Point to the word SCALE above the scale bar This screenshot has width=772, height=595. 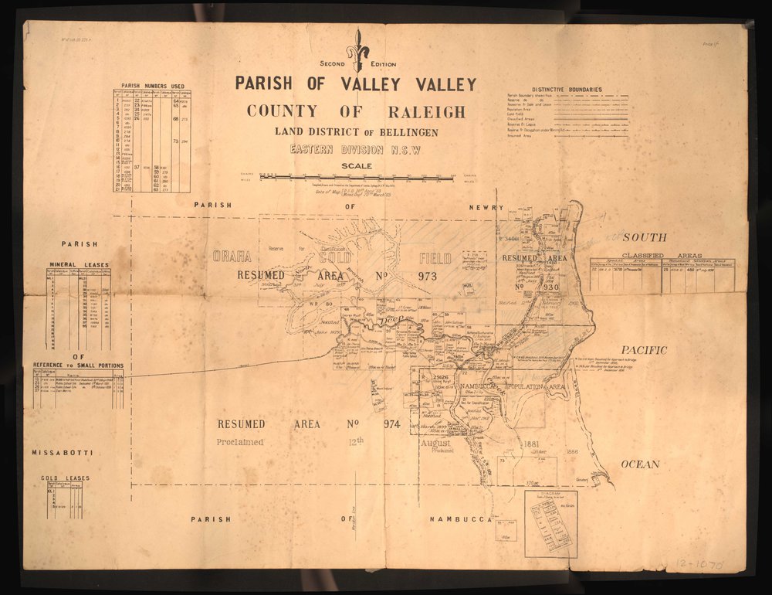coord(357,165)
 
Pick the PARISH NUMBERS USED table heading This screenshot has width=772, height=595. coord(151,86)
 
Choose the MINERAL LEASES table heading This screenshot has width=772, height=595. coord(80,265)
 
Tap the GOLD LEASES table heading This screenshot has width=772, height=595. coord(66,478)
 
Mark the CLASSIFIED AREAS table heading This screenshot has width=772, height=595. coord(662,255)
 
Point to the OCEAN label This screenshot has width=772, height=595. coord(641,464)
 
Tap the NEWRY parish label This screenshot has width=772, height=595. coord(486,207)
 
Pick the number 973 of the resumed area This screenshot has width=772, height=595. coord(427,276)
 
